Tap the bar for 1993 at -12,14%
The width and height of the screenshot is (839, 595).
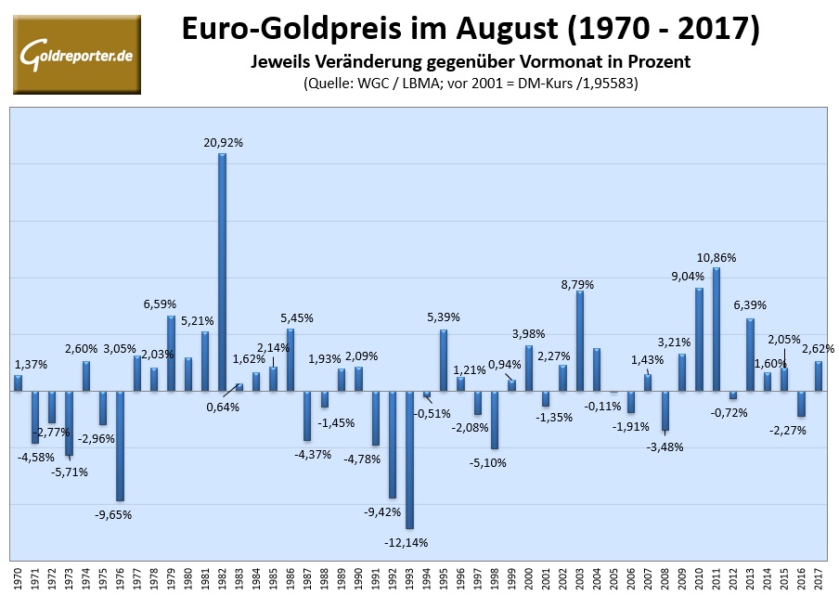409,459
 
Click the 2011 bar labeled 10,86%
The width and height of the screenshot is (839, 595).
716,329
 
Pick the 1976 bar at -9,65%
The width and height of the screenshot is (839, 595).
120,446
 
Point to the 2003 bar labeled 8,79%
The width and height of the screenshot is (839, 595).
580,341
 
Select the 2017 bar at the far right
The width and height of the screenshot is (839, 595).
819,375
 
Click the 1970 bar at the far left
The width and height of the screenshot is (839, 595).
18,382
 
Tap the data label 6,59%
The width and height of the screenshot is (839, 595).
159,304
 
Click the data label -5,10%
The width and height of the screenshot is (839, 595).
489,462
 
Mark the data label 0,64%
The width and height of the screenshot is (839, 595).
223,407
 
